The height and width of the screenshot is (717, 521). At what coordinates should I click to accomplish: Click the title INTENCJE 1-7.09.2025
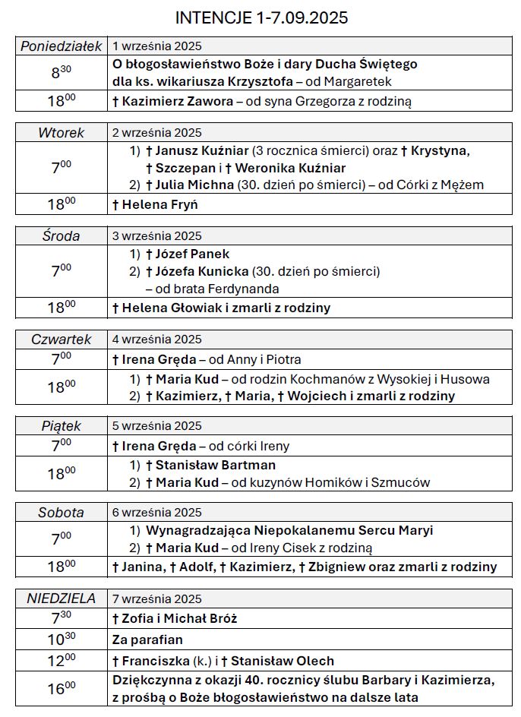pyautogui.click(x=261, y=17)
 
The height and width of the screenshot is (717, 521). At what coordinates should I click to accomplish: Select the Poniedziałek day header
pyautogui.click(x=62, y=46)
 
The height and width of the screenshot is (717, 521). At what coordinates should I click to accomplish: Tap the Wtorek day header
pyautogui.click(x=62, y=133)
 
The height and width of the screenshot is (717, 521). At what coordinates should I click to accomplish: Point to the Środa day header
pyautogui.click(x=62, y=236)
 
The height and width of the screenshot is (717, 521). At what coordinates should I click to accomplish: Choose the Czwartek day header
pyautogui.click(x=62, y=340)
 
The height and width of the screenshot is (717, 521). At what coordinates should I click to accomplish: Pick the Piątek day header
pyautogui.click(x=62, y=426)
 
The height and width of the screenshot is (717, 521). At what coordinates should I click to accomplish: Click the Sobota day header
pyautogui.click(x=62, y=513)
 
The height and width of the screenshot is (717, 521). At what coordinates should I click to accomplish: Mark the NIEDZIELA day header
pyautogui.click(x=62, y=599)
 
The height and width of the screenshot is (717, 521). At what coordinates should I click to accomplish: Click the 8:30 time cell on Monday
pyautogui.click(x=62, y=73)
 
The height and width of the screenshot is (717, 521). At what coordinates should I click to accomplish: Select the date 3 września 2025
pyautogui.click(x=157, y=236)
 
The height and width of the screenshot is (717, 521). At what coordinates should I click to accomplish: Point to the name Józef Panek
pyautogui.click(x=192, y=254)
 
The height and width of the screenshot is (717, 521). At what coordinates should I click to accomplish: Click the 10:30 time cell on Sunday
pyautogui.click(x=62, y=640)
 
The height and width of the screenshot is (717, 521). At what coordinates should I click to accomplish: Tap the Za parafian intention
pyautogui.click(x=147, y=640)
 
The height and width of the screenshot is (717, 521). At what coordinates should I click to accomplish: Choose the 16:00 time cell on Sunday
pyautogui.click(x=62, y=689)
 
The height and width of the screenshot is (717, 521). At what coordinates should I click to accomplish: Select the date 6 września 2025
pyautogui.click(x=157, y=513)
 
